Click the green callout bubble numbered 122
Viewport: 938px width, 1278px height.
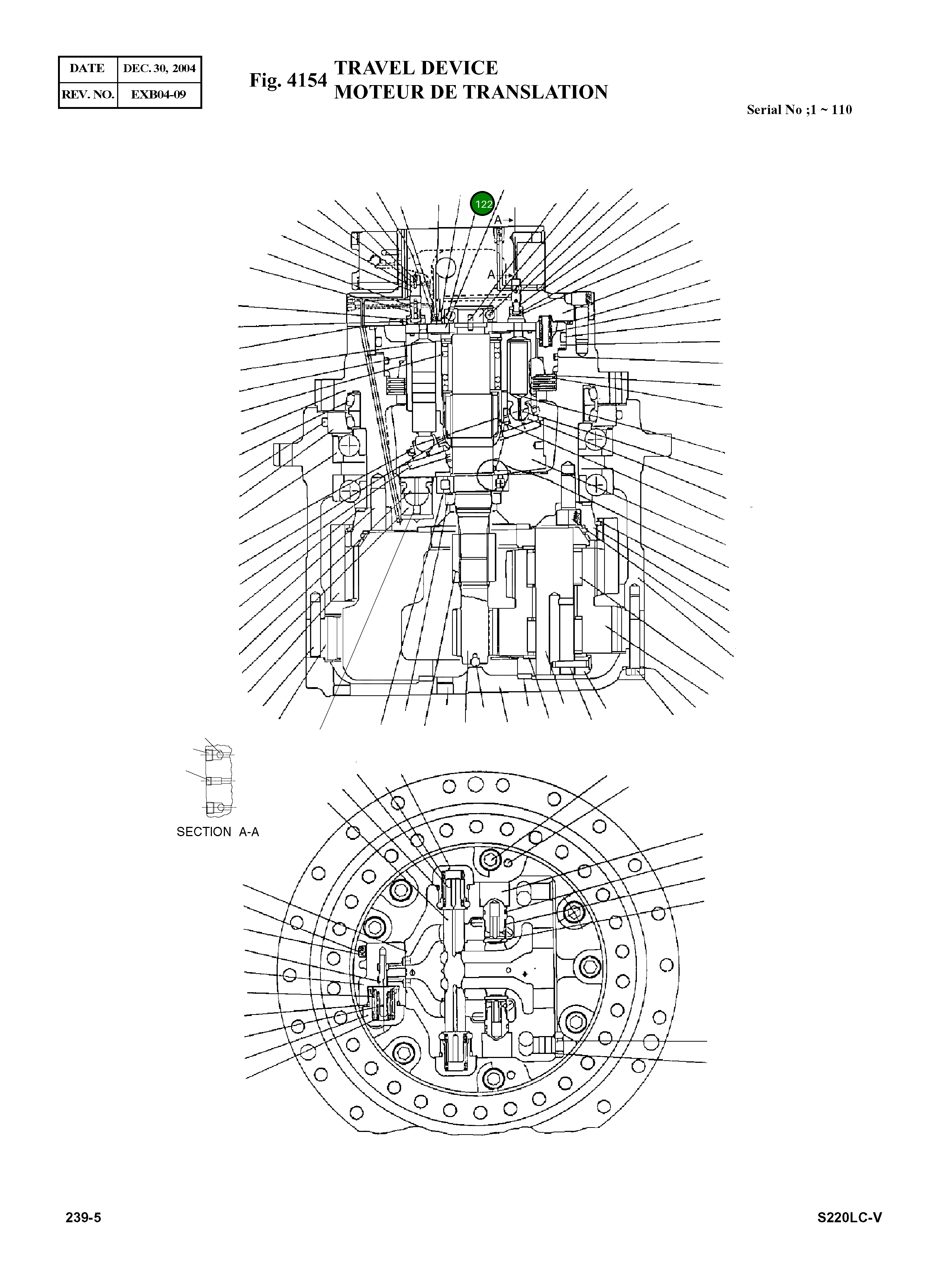pyautogui.click(x=483, y=204)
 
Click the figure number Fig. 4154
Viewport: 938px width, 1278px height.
pyautogui.click(x=288, y=81)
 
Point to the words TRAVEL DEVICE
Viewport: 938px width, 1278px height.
pyautogui.click(x=416, y=68)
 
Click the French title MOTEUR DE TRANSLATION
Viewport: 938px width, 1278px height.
pyautogui.click(x=471, y=92)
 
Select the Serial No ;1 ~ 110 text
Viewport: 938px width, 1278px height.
pyautogui.click(x=799, y=110)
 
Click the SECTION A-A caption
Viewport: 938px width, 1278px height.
pyautogui.click(x=217, y=832)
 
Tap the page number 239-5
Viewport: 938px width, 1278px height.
pyautogui.click(x=84, y=1218)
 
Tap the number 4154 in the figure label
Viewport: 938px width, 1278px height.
pyautogui.click(x=307, y=81)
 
